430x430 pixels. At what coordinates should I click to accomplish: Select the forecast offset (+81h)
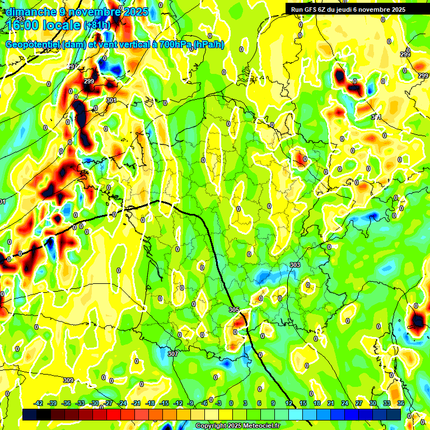[x=97, y=25]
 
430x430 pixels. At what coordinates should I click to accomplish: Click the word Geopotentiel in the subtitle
[x=33, y=45]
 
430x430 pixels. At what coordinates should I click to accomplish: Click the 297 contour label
[x=72, y=67]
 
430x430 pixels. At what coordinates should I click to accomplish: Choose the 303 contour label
[x=295, y=265]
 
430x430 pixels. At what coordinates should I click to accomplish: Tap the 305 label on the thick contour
[x=234, y=310]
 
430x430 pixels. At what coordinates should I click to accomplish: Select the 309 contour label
[x=68, y=381]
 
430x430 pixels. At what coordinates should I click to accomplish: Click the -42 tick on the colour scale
[x=38, y=403]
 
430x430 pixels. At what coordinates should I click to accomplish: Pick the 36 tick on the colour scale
[x=400, y=403]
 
